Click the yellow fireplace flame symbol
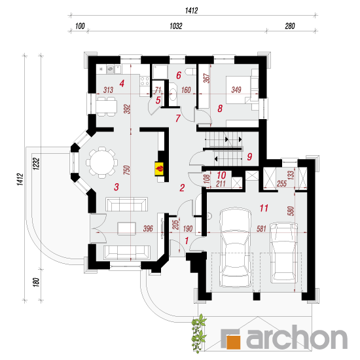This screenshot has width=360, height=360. (160, 169)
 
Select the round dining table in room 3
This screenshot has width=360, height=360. (102, 163)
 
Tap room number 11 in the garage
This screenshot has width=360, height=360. (264, 208)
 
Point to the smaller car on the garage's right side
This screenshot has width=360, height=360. (284, 253)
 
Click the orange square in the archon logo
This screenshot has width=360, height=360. (233, 342)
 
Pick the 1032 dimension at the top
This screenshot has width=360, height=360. (176, 26)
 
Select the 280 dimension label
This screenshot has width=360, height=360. (290, 26)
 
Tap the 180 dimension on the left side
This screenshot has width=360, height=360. (36, 282)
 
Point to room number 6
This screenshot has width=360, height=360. (179, 75)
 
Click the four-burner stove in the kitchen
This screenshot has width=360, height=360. (145, 81)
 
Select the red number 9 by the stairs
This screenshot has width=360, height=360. (249, 157)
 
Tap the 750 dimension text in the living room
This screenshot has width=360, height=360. (127, 170)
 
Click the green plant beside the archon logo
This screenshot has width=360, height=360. (199, 333)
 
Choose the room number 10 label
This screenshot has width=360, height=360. (221, 175)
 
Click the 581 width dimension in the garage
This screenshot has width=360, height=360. (261, 228)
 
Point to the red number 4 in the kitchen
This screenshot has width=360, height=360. (122, 83)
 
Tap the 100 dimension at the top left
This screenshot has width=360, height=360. (80, 26)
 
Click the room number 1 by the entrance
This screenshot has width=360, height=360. (187, 241)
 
